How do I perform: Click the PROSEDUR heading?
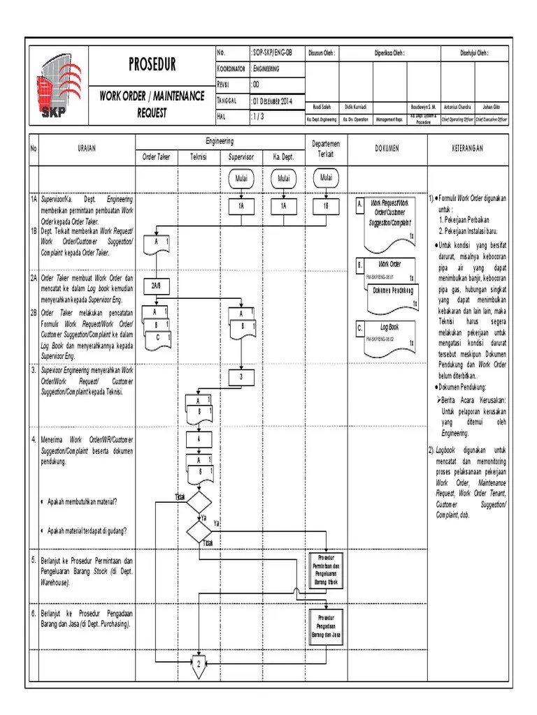pos(152,66)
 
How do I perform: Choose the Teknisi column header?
pos(199,157)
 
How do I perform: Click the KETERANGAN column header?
pos(465,149)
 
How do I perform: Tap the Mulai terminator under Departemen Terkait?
pos(327,178)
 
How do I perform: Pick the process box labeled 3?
pos(241,378)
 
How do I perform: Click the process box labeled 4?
pos(199,440)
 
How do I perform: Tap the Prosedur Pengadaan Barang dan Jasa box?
pos(327,627)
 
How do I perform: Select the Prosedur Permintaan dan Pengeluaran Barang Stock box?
pos(327,569)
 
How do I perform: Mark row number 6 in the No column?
pos(33,613)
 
